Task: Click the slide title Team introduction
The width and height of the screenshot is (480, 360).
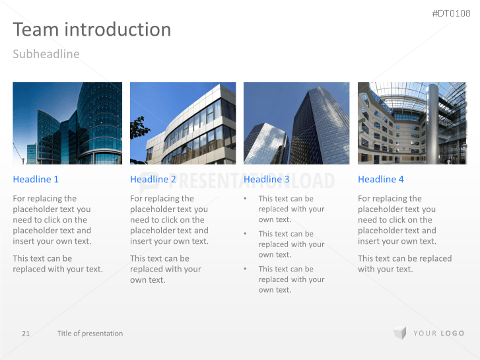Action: (x=92, y=30)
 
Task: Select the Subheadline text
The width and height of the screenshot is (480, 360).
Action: (x=46, y=54)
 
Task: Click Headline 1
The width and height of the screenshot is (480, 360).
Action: (x=36, y=179)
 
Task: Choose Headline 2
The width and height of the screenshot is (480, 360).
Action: (x=153, y=179)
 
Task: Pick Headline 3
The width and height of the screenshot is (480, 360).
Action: (x=267, y=179)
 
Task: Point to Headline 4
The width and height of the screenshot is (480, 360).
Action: (x=381, y=179)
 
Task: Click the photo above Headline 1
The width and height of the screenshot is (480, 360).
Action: (x=67, y=123)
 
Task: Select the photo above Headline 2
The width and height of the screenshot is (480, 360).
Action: (x=183, y=123)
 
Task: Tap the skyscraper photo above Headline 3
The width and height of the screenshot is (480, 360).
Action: (x=296, y=123)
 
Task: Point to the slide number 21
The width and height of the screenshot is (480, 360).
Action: (x=26, y=334)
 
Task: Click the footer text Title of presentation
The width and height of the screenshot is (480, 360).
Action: (x=90, y=334)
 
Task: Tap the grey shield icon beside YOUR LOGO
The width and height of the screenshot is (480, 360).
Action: (x=399, y=333)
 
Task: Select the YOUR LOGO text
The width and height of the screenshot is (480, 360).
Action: (x=439, y=334)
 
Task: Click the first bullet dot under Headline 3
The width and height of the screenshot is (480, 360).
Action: (x=246, y=198)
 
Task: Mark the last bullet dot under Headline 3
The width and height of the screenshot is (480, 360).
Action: (x=246, y=269)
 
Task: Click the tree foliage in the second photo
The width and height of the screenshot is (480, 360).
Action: (x=139, y=128)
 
